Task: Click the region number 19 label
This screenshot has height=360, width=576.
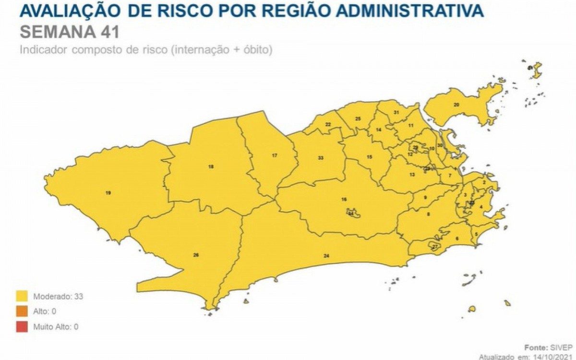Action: (x=108, y=193)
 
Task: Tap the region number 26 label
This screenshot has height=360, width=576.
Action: (x=196, y=255)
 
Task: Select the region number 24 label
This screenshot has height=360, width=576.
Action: (x=326, y=256)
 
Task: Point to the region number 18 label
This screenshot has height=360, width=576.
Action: (x=211, y=167)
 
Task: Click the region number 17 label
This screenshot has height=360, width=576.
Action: (x=275, y=156)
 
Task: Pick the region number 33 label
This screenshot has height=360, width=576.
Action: (x=321, y=158)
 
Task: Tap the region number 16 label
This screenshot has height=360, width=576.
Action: (x=344, y=199)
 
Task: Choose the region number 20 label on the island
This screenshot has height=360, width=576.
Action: (x=456, y=105)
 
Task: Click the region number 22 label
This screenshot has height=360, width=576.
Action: (x=328, y=124)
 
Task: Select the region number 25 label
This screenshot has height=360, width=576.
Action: (x=358, y=119)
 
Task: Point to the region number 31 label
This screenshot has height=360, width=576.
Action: (x=396, y=112)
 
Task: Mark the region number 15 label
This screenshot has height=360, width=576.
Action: (x=369, y=157)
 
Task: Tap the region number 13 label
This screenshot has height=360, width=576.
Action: (x=412, y=175)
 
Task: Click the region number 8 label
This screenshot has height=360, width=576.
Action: (x=428, y=214)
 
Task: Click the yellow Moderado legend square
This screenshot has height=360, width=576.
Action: (x=21, y=296)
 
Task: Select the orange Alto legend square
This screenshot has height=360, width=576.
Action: (x=21, y=312)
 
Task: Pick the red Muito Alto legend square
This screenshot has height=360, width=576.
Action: (x=21, y=327)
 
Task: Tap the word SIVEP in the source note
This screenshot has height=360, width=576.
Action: (x=557, y=347)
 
